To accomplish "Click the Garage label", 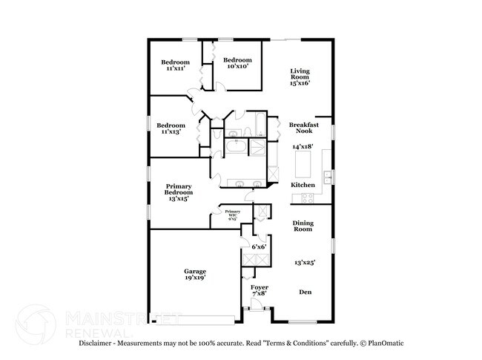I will pos(195,272).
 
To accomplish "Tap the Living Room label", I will pos(299,73).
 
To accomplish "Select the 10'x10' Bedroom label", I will pos(237,60).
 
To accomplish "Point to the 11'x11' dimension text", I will pos(175,68).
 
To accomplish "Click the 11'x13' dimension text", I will pos(170,131).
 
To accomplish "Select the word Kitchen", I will pos(303,184).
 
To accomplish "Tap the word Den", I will pos(306,292).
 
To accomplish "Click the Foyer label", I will pos(259,287).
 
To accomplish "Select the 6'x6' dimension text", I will pos(259,246).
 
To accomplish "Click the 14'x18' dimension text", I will pos(304,146).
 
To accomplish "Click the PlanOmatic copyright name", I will pos(385,344).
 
